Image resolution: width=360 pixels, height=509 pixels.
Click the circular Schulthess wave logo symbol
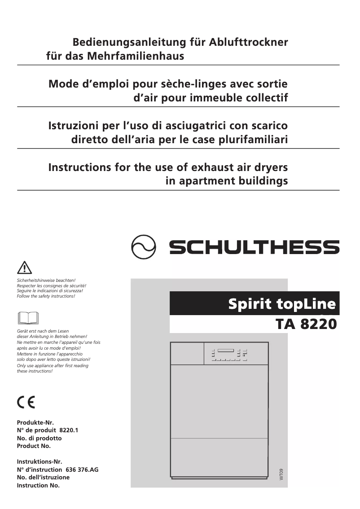[x=144, y=246]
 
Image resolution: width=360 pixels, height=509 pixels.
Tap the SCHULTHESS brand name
[x=254, y=246]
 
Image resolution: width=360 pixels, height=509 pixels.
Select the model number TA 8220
[x=304, y=323]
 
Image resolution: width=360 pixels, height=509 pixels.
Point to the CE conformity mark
[x=26, y=401]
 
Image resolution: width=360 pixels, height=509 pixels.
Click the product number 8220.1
[x=69, y=430]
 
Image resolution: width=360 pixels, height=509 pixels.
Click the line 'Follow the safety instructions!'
[x=46, y=296]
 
